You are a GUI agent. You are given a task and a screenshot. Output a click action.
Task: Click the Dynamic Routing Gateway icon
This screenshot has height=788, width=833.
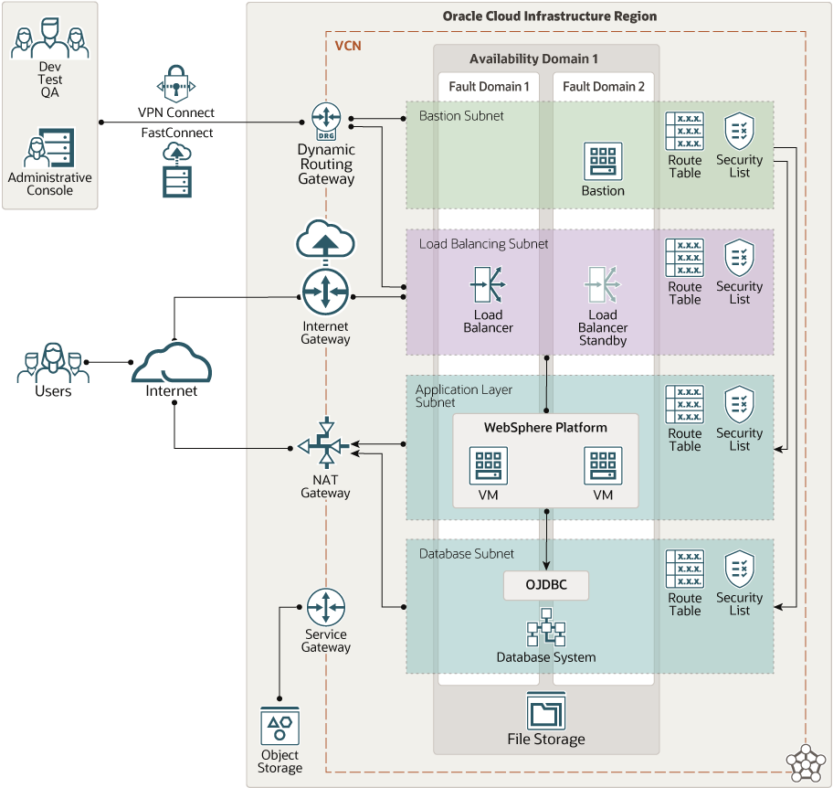pyautogui.click(x=325, y=120)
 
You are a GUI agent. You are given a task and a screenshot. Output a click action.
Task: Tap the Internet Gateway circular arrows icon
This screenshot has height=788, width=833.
pyautogui.click(x=325, y=293)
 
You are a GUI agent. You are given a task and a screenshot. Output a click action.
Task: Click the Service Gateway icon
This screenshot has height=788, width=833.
pyautogui.click(x=325, y=607)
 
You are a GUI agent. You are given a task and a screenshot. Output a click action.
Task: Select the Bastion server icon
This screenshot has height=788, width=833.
pyautogui.click(x=603, y=161)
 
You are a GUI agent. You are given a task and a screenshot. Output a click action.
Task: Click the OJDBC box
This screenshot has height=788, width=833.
pyautogui.click(x=546, y=585)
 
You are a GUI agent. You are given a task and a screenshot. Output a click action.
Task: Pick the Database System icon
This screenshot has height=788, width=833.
pyautogui.click(x=546, y=629)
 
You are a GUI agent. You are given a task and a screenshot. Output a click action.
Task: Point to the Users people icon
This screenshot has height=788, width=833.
pyautogui.click(x=53, y=363)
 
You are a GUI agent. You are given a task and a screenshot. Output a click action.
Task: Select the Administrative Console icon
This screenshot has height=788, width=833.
pyautogui.click(x=50, y=147)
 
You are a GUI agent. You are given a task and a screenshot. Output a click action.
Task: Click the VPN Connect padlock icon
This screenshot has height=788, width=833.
pyautogui.click(x=176, y=85)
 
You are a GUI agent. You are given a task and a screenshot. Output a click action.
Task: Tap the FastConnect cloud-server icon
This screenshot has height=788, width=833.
pyautogui.click(x=176, y=169)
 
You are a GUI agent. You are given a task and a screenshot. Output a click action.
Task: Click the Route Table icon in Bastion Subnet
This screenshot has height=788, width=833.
pyautogui.click(x=684, y=132)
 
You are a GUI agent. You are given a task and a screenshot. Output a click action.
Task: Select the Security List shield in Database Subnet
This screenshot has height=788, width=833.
pyautogui.click(x=739, y=569)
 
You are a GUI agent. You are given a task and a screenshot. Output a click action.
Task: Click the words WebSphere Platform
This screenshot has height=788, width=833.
pyautogui.click(x=545, y=427)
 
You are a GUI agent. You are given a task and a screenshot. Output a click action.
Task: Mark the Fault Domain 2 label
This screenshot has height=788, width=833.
pyautogui.click(x=604, y=86)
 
